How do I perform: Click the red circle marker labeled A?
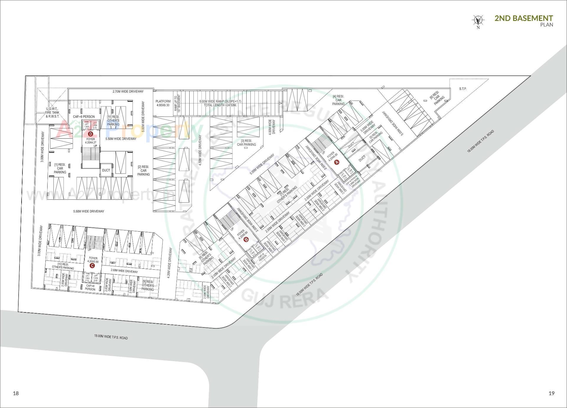(338, 162)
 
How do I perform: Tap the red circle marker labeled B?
(246, 240)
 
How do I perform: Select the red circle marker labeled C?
(92, 266)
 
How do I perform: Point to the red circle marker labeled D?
(91, 134)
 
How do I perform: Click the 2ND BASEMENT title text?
(524, 18)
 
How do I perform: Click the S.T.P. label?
(463, 89)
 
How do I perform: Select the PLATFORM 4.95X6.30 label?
(163, 103)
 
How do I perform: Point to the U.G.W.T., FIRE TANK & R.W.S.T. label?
(52, 113)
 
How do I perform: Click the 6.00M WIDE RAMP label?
(220, 103)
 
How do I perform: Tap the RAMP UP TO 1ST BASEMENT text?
(177, 103)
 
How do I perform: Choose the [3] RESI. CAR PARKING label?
(246, 143)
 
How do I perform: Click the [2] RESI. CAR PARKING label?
(144, 171)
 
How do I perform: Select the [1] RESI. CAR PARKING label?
(60, 168)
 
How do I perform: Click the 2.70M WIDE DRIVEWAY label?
(128, 91)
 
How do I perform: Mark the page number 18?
(16, 393)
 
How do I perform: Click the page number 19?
(551, 393)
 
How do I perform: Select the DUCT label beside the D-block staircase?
(106, 170)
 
